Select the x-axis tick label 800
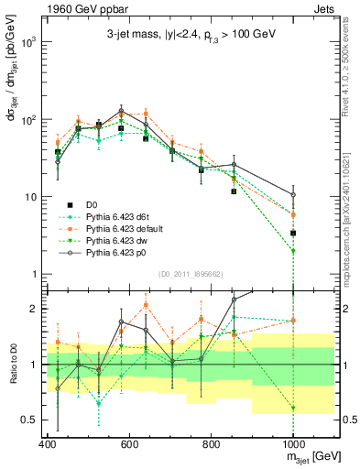pos(211,443)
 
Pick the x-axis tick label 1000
pos(292,443)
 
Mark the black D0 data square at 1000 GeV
pos(293,233)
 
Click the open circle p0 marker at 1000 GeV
pos(293,195)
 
